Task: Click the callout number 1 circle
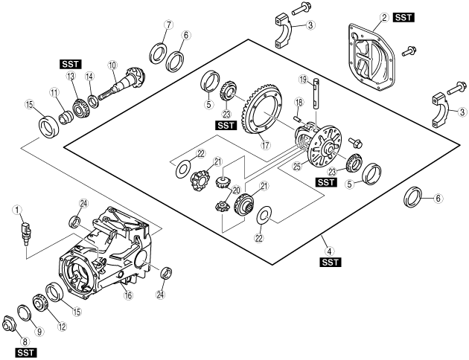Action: [x=17, y=210]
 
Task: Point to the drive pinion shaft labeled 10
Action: [x=122, y=83]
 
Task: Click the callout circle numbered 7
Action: [x=168, y=25]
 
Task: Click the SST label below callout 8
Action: [x=26, y=353]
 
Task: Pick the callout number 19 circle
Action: [x=303, y=80]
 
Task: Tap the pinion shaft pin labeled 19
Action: [x=316, y=93]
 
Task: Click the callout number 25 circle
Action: [x=297, y=166]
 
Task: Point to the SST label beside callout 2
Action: [x=403, y=18]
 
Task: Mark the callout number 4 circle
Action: [x=330, y=251]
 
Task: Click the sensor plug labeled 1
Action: [x=25, y=234]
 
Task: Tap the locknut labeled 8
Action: [x=9, y=324]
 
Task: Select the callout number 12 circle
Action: [x=63, y=327]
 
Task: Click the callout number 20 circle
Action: [x=236, y=190]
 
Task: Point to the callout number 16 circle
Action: [x=128, y=295]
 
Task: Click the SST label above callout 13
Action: [x=71, y=64]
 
